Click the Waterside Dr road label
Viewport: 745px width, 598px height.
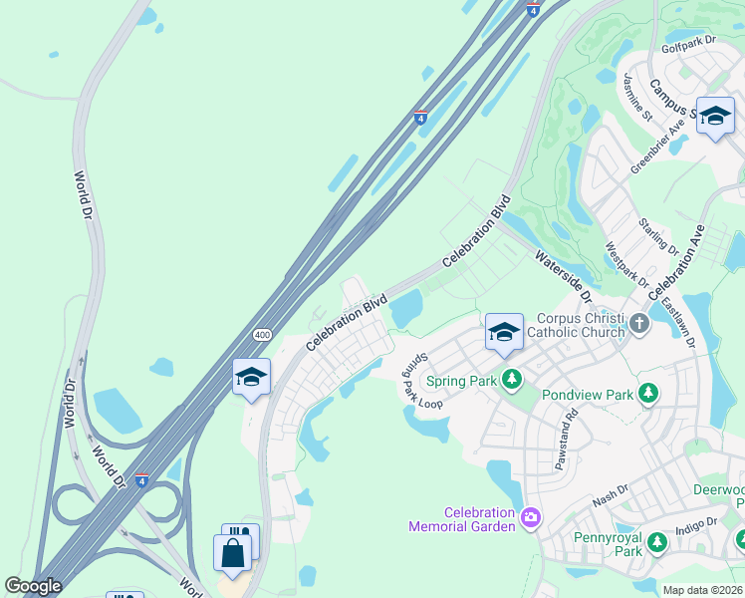[564, 276]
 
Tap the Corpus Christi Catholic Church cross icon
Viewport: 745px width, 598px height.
[638, 324]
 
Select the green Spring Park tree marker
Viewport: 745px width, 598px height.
[512, 380]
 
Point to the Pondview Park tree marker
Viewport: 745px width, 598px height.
[649, 395]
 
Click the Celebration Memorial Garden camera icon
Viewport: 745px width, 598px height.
[531, 516]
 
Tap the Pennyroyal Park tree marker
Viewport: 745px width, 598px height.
[656, 542]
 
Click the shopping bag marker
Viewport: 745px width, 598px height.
[232, 553]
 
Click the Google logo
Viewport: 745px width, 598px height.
[33, 586]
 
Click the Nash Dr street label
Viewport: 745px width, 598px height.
[610, 495]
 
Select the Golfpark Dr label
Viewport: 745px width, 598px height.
[688, 42]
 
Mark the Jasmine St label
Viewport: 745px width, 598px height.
[637, 97]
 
